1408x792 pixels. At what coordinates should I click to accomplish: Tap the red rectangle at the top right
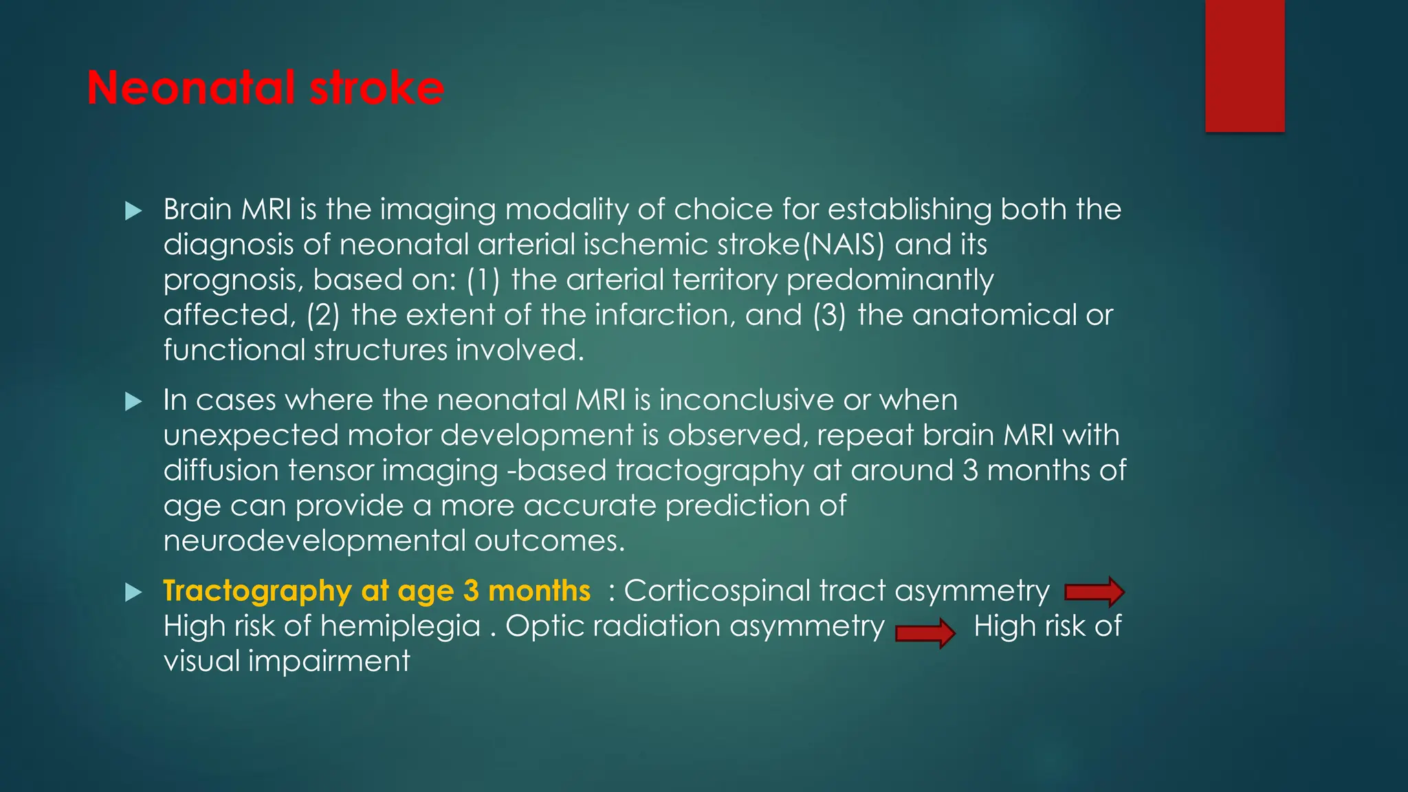(x=1244, y=65)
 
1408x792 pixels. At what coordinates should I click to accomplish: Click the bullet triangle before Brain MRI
(x=133, y=210)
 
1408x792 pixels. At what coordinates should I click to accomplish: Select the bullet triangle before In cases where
(x=133, y=401)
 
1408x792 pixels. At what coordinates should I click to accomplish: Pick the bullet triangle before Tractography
(x=133, y=592)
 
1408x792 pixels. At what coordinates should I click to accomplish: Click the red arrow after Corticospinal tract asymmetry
(x=1094, y=592)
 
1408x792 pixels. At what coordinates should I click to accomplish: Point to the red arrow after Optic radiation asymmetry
(x=925, y=632)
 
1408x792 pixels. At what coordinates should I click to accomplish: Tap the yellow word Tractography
(x=257, y=591)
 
